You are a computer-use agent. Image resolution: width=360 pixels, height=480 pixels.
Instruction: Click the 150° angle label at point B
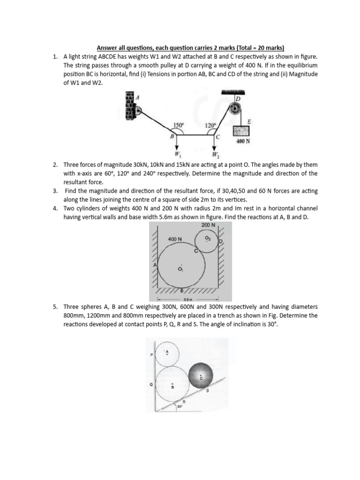[178, 125]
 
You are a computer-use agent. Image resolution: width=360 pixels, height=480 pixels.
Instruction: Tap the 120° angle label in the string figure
[210, 126]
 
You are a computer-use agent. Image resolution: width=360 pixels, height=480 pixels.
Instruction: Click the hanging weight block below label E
[243, 131]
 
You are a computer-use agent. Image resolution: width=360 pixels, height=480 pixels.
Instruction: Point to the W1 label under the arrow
[176, 153]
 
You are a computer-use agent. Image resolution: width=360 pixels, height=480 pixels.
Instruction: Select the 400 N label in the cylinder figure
[175, 239]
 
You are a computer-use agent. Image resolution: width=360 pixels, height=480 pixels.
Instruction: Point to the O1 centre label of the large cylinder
[180, 269]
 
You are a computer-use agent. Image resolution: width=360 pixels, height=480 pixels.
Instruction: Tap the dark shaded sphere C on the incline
[201, 376]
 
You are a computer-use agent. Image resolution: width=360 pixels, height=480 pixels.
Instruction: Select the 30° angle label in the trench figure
[180, 407]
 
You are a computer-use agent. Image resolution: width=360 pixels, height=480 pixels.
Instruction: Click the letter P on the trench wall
[151, 355]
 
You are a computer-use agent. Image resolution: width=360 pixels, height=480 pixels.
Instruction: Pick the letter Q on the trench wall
[151, 383]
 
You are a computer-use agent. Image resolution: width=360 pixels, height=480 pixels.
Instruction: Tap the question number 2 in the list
[55, 165]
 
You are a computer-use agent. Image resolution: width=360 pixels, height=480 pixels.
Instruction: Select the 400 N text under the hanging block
[243, 141]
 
